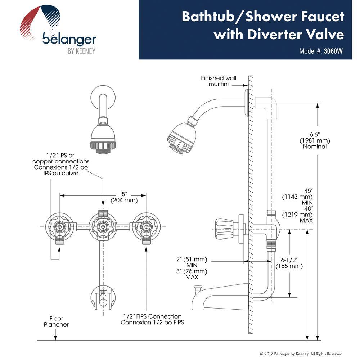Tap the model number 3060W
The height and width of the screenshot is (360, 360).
coord(333,51)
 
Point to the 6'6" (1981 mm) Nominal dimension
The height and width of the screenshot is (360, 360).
coord(314,140)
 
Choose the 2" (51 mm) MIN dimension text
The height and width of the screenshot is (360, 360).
coord(192,262)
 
